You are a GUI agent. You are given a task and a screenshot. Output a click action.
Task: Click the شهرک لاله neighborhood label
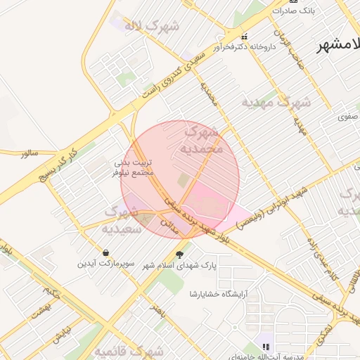(x=151, y=27)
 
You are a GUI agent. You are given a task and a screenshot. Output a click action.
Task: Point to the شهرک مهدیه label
(x=276, y=103)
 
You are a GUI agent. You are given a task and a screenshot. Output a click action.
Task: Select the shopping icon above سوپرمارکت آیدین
(x=105, y=252)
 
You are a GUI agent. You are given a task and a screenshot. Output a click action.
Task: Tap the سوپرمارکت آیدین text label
(x=105, y=264)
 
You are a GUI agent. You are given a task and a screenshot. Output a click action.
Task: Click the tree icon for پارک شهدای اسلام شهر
(x=179, y=255)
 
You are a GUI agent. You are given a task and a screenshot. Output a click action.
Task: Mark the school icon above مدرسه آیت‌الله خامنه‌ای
(x=265, y=347)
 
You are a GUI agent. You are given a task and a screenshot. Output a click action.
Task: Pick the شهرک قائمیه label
(x=129, y=351)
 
